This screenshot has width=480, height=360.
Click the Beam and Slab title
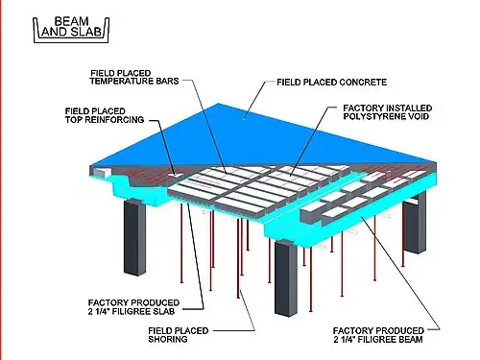[71, 27]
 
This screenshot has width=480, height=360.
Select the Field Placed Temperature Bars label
[134, 78]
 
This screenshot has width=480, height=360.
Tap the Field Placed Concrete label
[331, 83]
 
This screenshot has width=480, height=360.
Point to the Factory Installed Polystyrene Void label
[387, 112]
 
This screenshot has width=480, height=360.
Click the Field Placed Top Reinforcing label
[105, 115]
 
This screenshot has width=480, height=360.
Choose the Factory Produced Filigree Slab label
[133, 307]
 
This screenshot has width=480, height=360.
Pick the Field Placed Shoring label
[179, 335]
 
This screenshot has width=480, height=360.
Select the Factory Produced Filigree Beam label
[378, 335]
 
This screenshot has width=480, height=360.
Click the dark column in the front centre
[286, 277]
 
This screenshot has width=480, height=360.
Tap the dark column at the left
[134, 237]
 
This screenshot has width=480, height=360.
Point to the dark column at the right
[415, 222]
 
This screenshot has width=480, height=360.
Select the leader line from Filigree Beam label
[401, 273]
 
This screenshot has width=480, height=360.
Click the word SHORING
[168, 339]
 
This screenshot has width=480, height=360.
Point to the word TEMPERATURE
[121, 82]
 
